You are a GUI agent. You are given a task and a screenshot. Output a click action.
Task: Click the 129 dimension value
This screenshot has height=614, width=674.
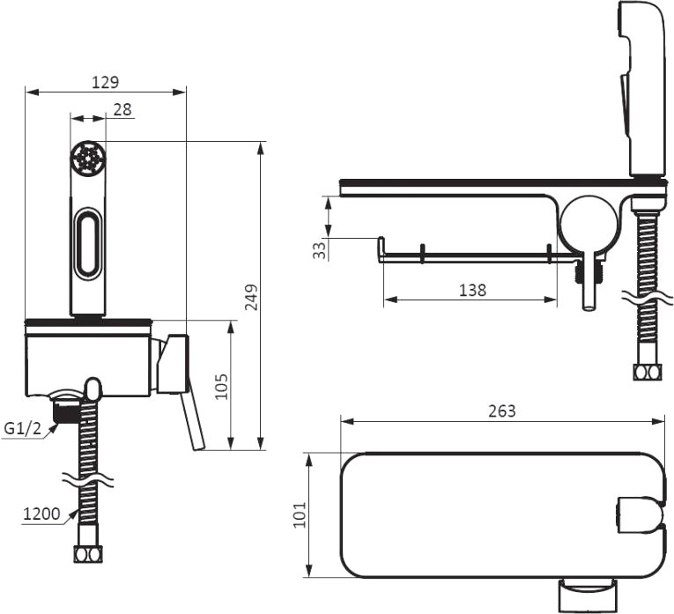point(106,82)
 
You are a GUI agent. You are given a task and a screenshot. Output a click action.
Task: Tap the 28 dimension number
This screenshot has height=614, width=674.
point(122,109)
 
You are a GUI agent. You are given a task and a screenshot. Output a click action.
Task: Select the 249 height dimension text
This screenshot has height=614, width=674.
point(251,297)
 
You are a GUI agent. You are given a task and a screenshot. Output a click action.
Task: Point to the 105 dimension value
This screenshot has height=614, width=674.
point(221,387)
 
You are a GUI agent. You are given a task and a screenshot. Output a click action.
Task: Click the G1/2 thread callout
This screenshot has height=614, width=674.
point(22,428)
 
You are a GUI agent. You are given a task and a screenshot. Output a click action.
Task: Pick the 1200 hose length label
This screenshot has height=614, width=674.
point(41,514)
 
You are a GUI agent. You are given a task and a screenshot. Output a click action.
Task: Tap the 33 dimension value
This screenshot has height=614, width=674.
point(319,250)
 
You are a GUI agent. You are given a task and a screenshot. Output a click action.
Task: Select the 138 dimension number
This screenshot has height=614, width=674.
point(473,291)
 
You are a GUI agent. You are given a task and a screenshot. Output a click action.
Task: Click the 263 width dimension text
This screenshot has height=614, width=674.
point(501,411)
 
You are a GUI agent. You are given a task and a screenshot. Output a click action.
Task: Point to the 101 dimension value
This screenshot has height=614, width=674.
point(300,514)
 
